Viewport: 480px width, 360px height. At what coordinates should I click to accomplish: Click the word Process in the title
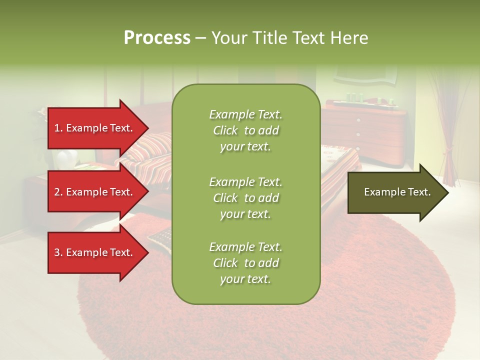157,38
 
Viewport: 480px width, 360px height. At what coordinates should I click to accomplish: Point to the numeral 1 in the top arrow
57,128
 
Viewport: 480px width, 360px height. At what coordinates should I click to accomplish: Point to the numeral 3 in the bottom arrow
57,253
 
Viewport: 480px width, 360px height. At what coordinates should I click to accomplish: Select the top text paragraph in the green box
245,130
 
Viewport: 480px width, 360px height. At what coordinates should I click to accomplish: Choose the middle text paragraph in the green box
245,198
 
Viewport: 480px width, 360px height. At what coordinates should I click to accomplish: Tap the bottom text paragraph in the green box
245,263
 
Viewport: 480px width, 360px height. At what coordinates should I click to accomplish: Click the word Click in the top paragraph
225,131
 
